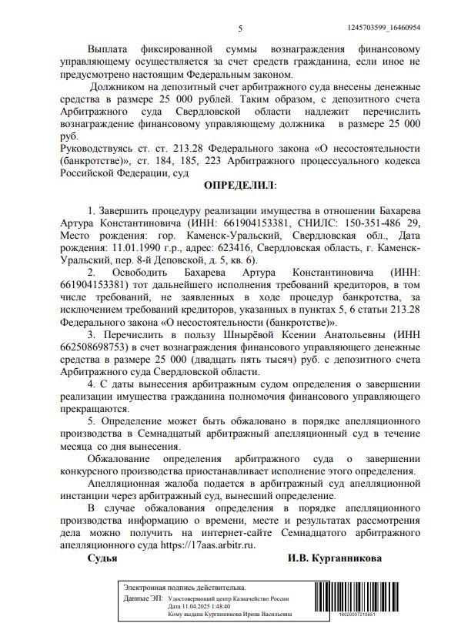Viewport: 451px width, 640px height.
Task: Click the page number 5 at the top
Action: pyautogui.click(x=240, y=28)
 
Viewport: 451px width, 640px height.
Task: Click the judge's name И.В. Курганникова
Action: pyautogui.click(x=334, y=558)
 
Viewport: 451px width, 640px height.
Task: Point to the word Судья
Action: pyautogui.click(x=102, y=558)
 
